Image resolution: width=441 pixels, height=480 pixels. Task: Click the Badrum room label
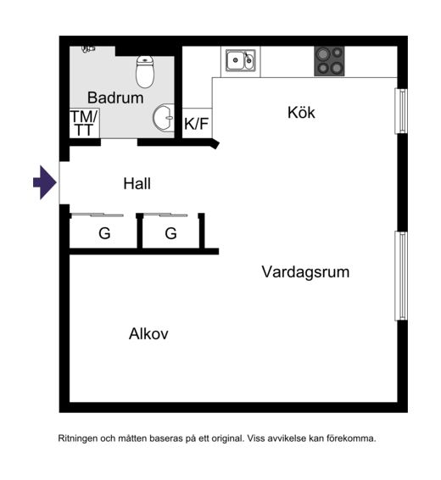[115, 98]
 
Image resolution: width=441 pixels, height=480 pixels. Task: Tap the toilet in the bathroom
[145, 71]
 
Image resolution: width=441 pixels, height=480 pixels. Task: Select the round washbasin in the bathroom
[164, 118]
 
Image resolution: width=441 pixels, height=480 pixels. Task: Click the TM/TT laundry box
[85, 123]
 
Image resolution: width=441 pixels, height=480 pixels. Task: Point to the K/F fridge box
[197, 123]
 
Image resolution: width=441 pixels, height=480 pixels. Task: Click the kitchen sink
[241, 60]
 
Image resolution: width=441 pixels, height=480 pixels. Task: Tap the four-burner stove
[329, 61]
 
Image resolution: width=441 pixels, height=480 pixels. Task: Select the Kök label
[301, 112]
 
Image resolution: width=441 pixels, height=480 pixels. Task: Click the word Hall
[137, 184]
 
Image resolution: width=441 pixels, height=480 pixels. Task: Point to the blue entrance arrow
[45, 182]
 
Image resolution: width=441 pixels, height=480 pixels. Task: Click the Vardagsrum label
[305, 272]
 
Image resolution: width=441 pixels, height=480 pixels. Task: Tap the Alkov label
[148, 333]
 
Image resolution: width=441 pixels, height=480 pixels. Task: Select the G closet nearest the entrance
[104, 233]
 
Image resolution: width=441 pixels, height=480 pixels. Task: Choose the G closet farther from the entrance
[170, 233]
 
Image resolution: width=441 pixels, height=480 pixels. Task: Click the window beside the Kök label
[401, 111]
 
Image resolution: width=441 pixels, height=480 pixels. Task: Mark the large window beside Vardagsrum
[401, 276]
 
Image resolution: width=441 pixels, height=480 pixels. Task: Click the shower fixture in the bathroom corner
[88, 49]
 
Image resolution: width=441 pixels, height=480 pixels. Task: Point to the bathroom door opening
[119, 142]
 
